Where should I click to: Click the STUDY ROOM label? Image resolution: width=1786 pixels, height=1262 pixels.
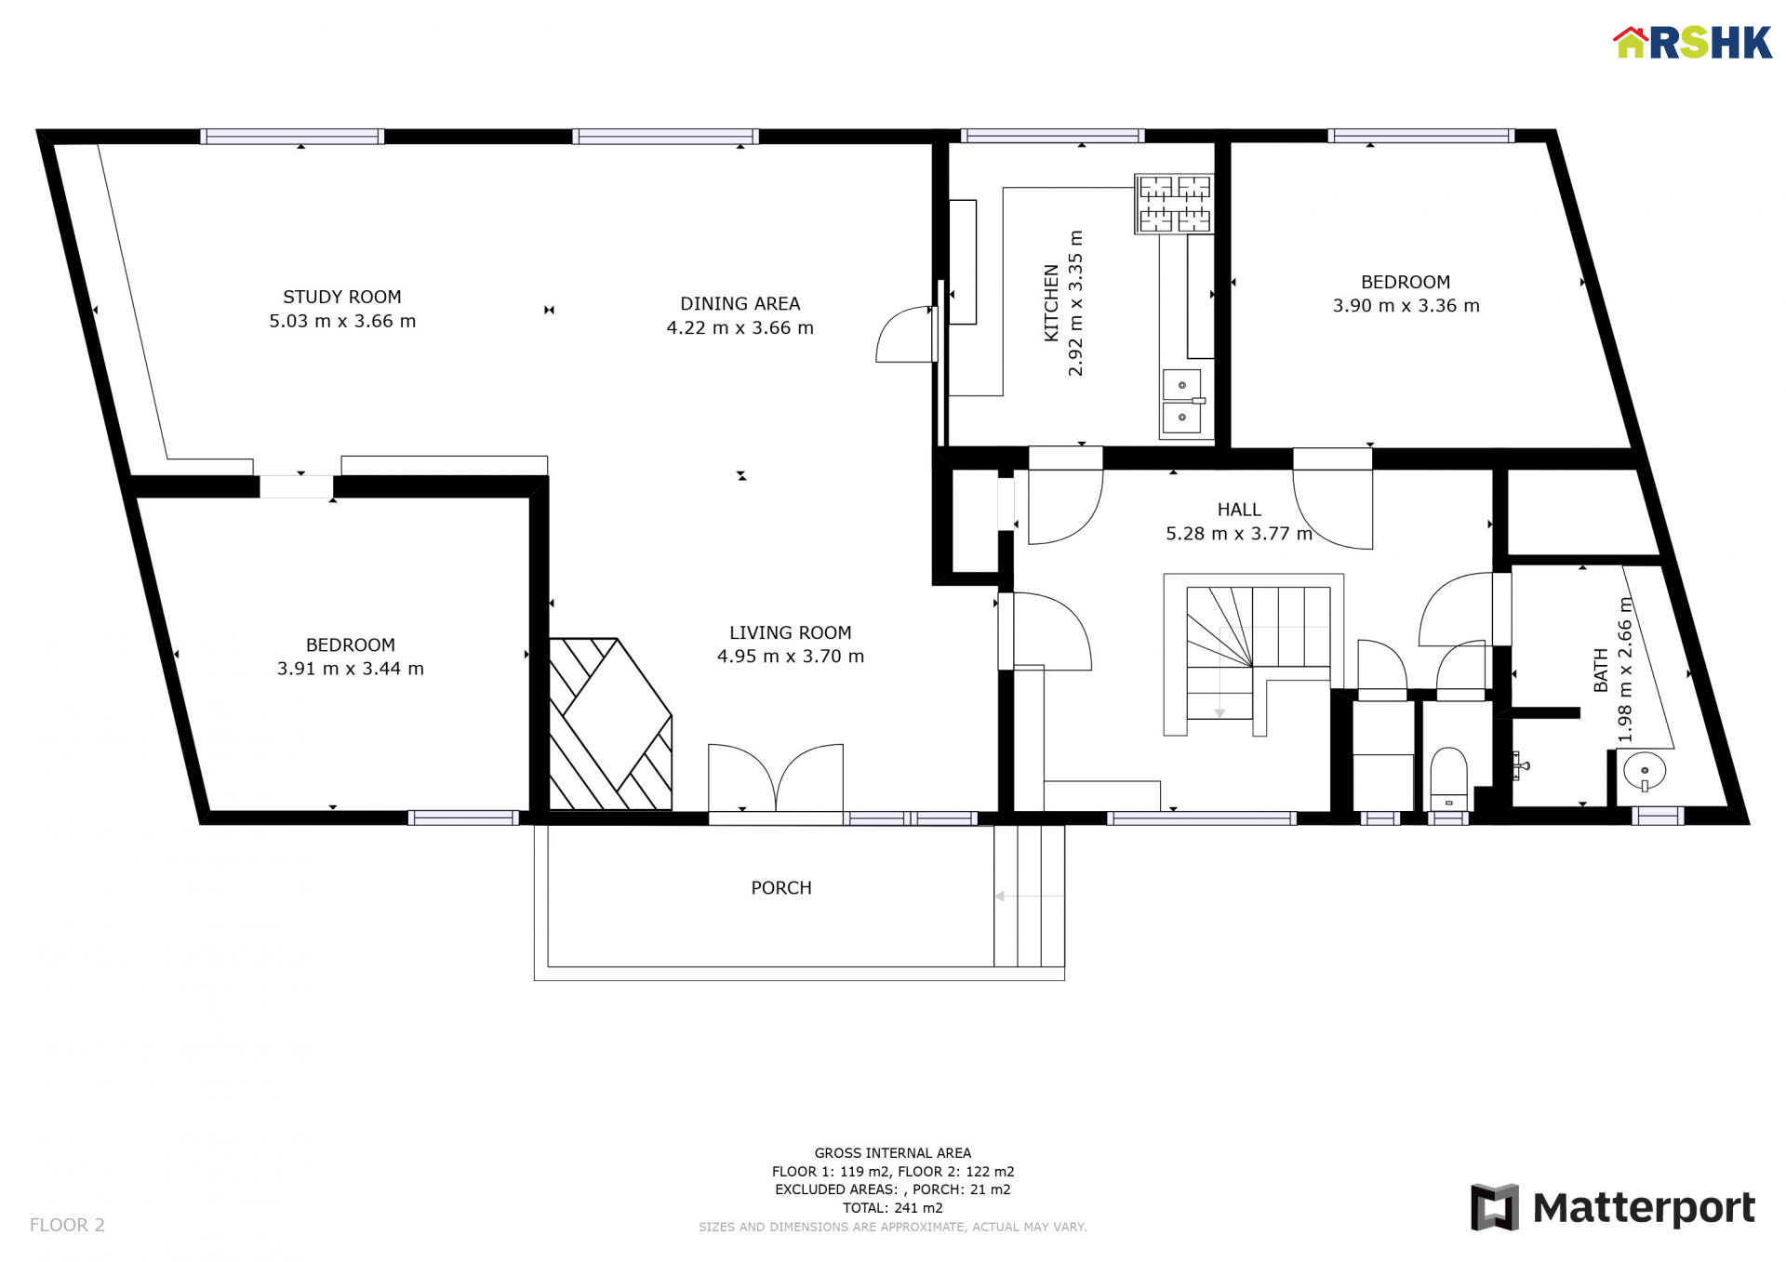tap(342, 297)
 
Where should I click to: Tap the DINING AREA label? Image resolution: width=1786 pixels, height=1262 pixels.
tap(740, 304)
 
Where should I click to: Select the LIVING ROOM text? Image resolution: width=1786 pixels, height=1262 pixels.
tap(791, 632)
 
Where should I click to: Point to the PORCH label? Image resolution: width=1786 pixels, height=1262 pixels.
tap(781, 888)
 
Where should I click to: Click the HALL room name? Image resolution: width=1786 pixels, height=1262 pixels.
tap(1239, 510)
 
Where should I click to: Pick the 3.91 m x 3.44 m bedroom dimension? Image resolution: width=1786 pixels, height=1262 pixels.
tap(351, 669)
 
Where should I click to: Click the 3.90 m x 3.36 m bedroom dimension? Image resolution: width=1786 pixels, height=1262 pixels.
tap(1406, 306)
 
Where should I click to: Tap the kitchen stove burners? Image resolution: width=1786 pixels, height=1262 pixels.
tap(1174, 203)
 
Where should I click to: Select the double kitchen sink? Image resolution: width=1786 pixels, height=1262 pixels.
tap(1182, 401)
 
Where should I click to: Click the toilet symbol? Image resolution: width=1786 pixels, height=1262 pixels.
tap(1448, 780)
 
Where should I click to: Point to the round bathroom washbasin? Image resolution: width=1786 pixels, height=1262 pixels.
tap(1645, 771)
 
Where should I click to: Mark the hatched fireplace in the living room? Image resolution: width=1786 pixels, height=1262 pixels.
tap(610, 724)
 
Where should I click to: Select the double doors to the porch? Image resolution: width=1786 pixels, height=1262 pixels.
tap(776, 778)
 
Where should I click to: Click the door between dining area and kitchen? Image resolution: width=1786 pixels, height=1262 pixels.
tap(905, 334)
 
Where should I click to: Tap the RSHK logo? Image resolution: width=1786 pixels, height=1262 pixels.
tap(1693, 43)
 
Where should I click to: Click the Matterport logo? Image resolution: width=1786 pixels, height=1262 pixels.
tap(1613, 1207)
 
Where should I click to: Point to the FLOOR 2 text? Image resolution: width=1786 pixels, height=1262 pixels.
tap(67, 1225)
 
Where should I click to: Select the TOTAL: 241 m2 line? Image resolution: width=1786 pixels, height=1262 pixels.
tap(893, 1208)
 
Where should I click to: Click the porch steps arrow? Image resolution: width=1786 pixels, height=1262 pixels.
tap(1029, 897)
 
